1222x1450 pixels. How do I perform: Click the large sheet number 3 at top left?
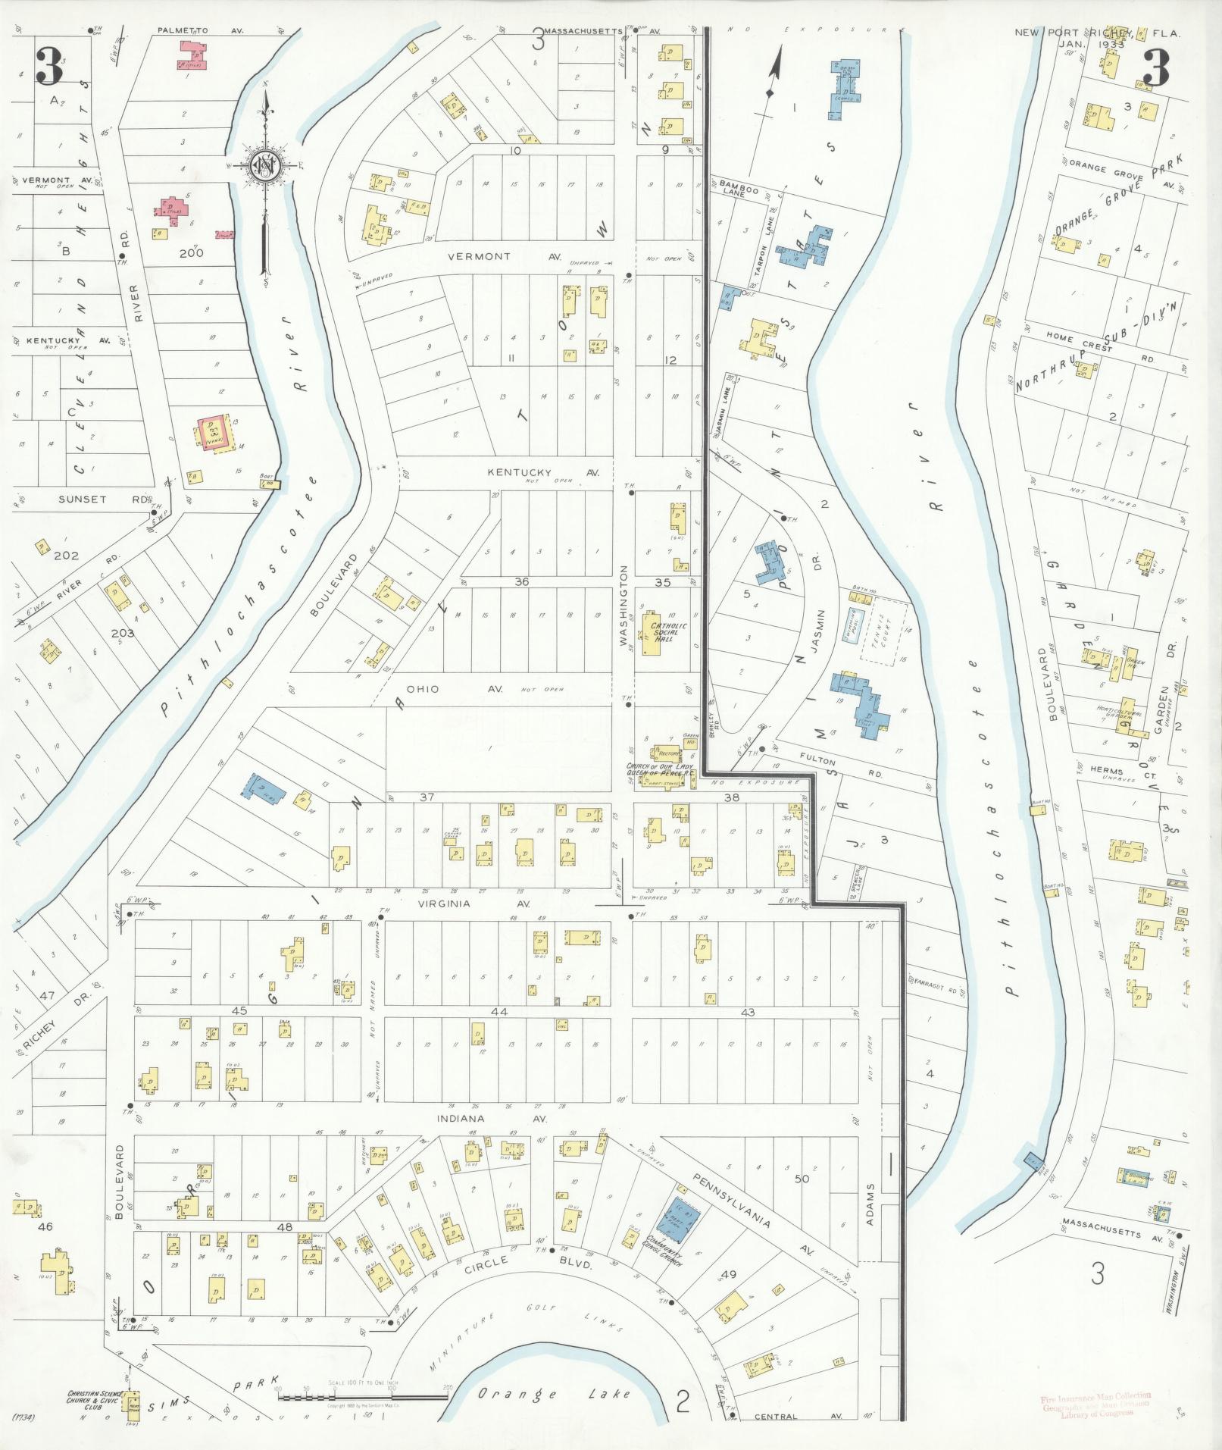49,67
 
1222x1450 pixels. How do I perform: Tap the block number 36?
520,582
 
